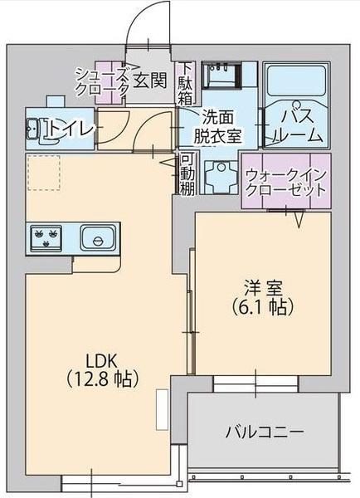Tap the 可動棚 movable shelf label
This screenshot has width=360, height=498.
point(187,173)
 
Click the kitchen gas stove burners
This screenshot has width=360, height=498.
point(47,238)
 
